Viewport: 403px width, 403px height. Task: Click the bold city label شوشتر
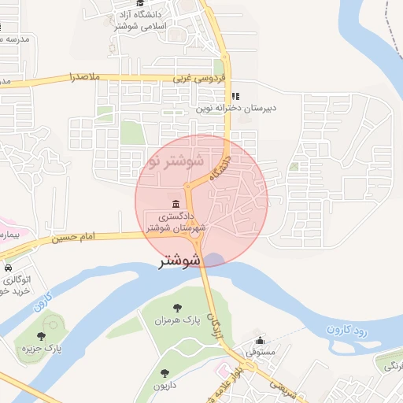[180, 261]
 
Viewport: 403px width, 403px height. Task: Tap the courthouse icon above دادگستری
[174, 204]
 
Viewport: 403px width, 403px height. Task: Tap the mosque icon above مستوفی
[261, 341]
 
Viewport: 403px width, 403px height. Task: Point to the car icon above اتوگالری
[17, 268]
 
